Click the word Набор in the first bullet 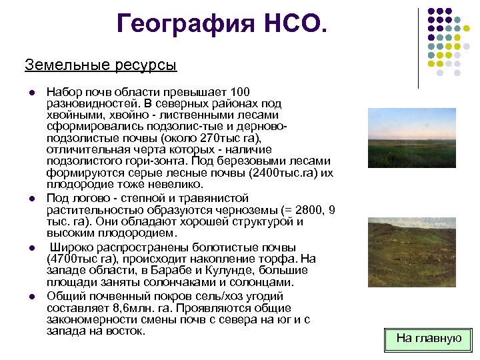pyautogui.click(x=63, y=91)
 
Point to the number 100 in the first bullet pyautogui.click(x=239, y=91)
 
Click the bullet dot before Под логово pyautogui.click(x=31, y=199)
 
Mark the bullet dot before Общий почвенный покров pyautogui.click(x=31, y=295)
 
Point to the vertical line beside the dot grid pyautogui.click(x=418, y=48)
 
